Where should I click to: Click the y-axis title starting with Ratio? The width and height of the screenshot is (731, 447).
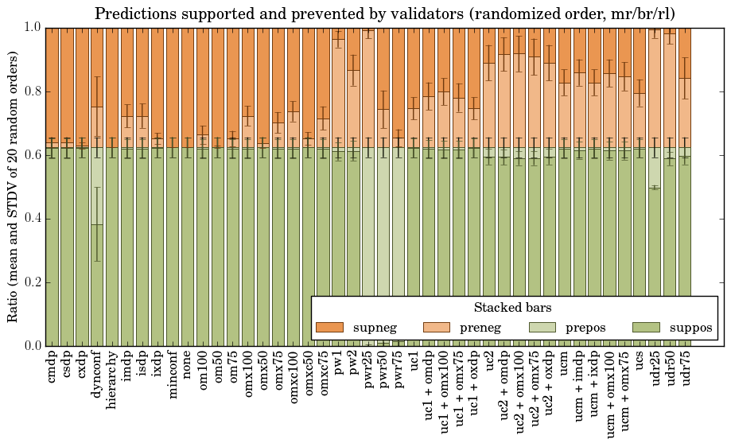[14, 186]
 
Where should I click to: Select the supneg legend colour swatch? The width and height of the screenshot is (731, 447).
[329, 328]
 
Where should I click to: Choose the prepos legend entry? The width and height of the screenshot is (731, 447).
[586, 328]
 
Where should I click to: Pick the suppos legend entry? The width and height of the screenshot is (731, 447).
[691, 328]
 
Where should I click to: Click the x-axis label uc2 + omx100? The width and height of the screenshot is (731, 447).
[519, 389]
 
